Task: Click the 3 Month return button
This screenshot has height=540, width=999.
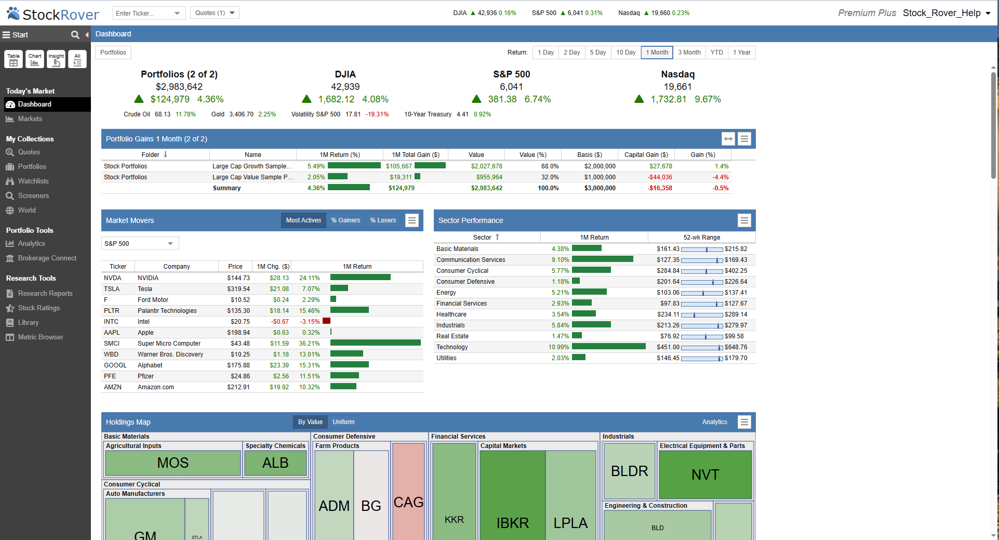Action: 689,52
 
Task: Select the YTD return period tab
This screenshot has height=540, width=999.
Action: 716,52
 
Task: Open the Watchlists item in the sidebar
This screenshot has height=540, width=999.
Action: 33,181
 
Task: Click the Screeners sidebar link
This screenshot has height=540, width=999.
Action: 33,196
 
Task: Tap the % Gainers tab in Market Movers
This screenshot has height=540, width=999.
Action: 345,220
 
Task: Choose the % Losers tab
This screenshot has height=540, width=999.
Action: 383,220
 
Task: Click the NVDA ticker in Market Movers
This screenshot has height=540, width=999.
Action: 112,278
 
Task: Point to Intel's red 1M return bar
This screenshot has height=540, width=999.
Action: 326,321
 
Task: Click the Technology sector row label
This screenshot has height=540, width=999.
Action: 452,347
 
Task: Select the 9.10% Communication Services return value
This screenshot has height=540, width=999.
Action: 560,260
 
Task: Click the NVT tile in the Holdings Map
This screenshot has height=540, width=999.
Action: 705,475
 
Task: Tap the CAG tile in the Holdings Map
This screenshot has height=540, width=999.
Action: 408,502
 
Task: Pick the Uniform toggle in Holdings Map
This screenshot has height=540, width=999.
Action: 343,422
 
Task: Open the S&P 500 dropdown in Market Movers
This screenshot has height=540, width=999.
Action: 140,243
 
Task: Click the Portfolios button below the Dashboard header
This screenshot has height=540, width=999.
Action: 113,52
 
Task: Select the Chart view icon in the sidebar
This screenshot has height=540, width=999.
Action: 35,59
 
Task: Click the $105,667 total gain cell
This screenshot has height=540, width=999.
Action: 398,166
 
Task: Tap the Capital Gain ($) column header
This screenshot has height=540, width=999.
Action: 646,155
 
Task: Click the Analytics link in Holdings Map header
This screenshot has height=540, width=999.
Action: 714,422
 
